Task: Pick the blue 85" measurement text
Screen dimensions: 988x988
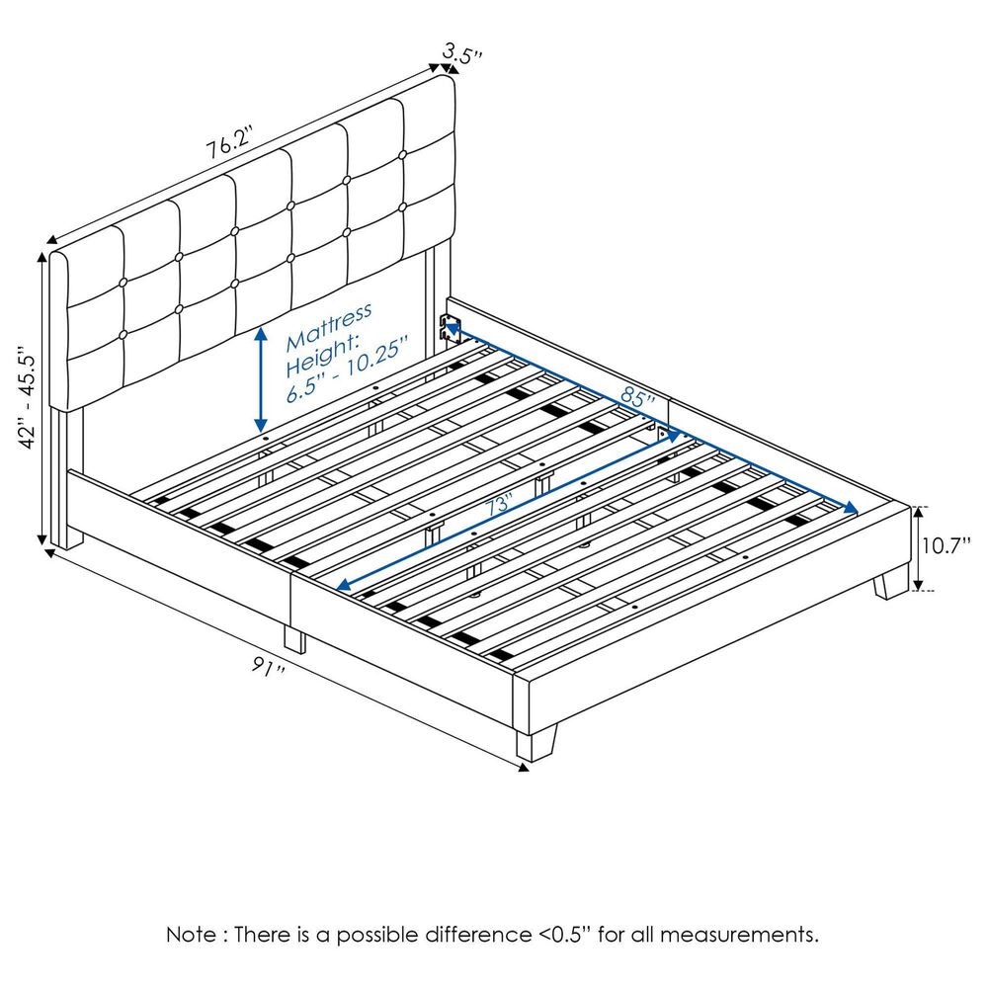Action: (x=639, y=399)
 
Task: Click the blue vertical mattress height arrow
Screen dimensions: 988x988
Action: (x=261, y=380)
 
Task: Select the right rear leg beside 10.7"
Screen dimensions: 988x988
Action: (x=891, y=583)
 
